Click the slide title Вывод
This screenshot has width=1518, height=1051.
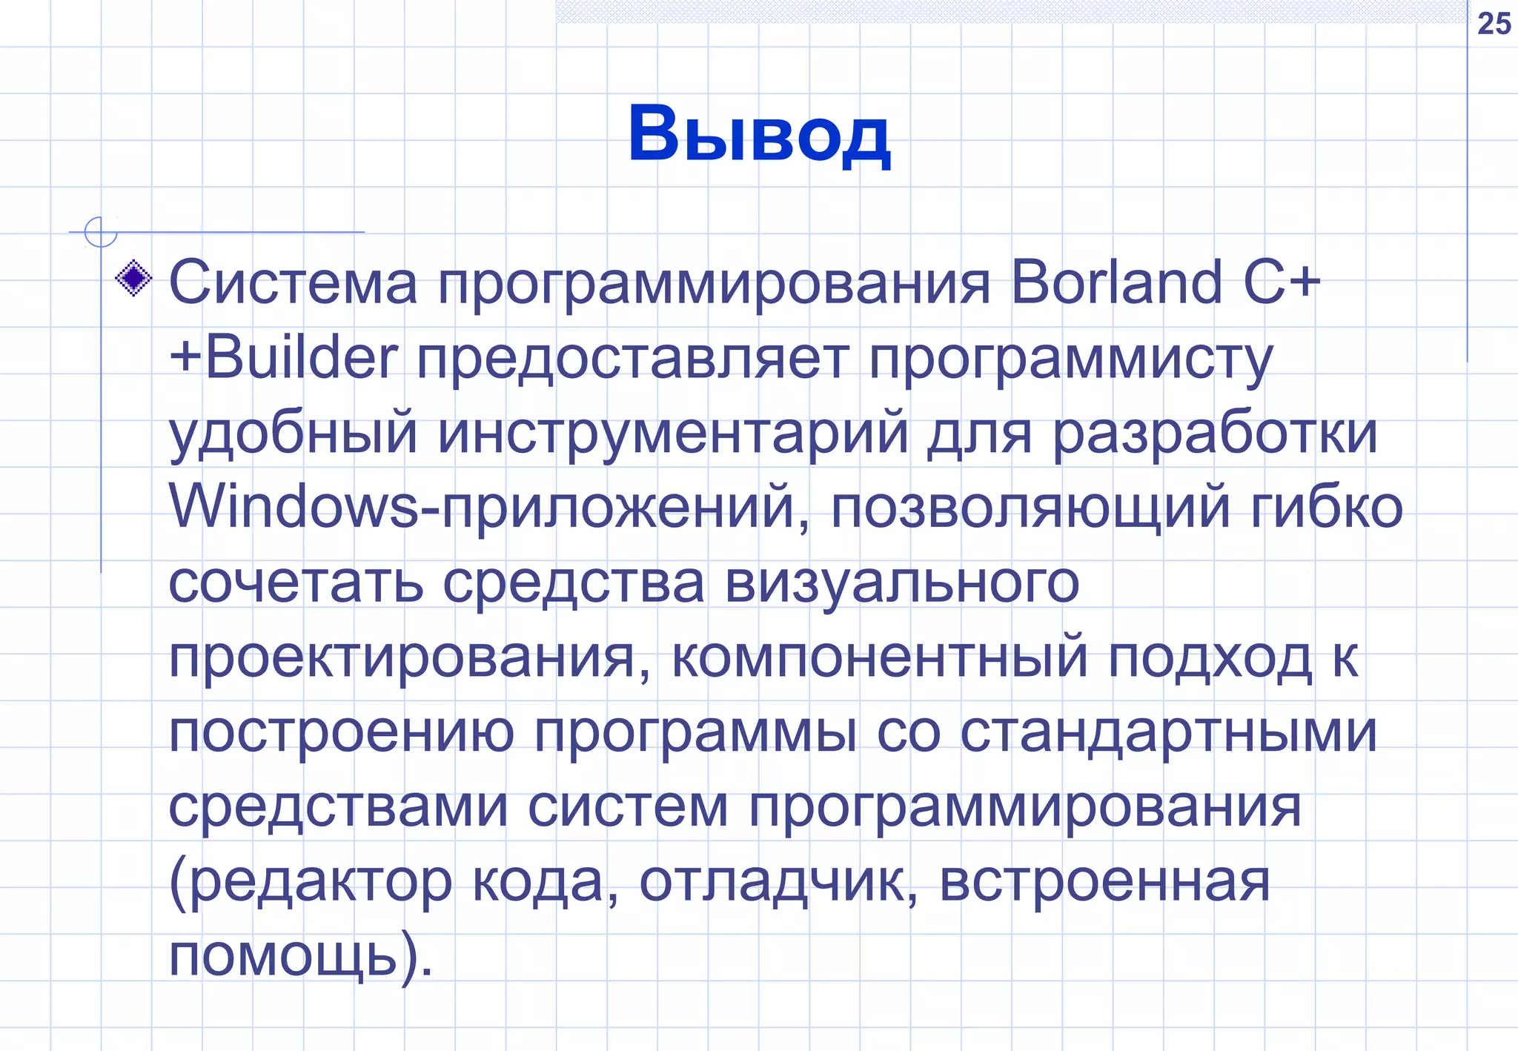tap(758, 135)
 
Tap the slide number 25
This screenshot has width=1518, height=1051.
tap(1494, 24)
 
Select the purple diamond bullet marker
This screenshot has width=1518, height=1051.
tap(134, 279)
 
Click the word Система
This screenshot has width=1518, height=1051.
tap(294, 283)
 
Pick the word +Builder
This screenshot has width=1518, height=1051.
tap(283, 357)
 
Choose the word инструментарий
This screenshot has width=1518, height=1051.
tap(673, 434)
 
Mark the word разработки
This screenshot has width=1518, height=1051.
tap(1215, 434)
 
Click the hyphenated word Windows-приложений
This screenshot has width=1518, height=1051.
tap(490, 508)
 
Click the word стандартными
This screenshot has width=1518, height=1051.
tap(1168, 732)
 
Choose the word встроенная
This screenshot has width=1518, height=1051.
tap(1104, 882)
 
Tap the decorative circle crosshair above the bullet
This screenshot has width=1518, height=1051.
tap(101, 232)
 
